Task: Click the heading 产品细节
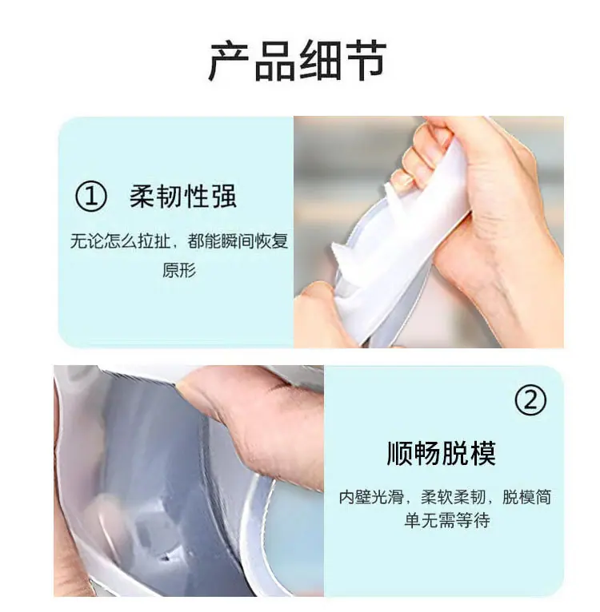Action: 298,61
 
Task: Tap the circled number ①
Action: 90,197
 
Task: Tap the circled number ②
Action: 530,400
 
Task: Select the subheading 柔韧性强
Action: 183,196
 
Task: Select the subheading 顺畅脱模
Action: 442,453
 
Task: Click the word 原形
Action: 179,270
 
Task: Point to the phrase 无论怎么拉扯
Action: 120,240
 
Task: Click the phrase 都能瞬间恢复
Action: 238,240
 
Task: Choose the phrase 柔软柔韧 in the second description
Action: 453,497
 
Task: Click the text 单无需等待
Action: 446,520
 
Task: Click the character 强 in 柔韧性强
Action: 223,196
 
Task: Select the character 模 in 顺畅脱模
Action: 482,453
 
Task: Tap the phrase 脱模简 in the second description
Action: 527,497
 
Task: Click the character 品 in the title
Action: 274,61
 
